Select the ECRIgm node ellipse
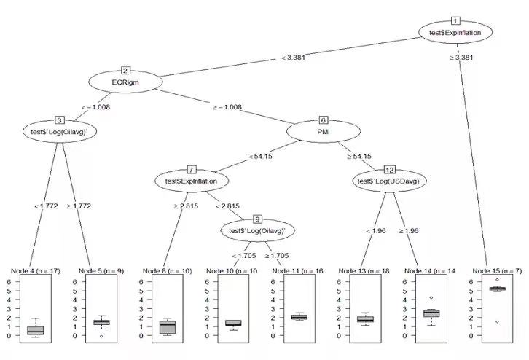[125, 82]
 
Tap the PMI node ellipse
[324, 132]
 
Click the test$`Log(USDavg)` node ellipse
[390, 180]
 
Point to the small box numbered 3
[60, 120]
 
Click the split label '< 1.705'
[246, 255]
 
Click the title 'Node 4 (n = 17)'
[36, 271]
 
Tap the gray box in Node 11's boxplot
[299, 317]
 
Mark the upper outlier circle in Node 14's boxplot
[431, 297]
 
